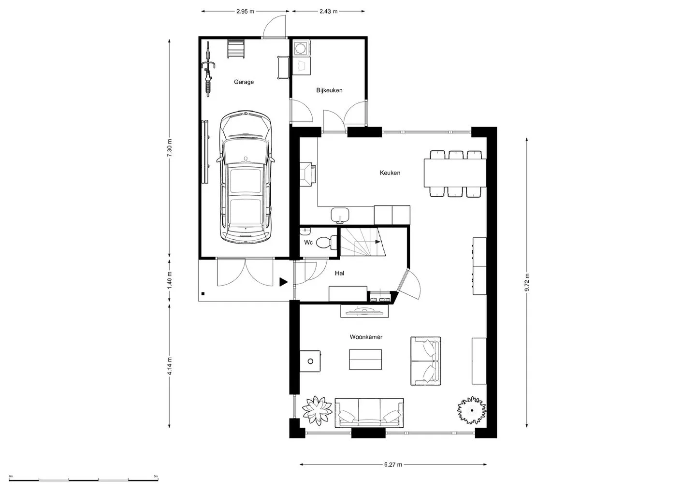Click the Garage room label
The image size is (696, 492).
click(244, 82)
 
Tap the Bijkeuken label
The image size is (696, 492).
click(329, 90)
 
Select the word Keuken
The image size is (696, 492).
click(390, 173)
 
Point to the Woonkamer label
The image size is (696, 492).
click(366, 337)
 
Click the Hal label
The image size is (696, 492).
click(339, 274)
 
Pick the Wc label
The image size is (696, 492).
click(308, 242)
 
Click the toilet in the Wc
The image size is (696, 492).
click(326, 242)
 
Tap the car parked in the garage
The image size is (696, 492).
click(246, 176)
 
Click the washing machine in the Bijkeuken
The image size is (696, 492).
click(300, 48)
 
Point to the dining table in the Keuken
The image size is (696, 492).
click(455, 173)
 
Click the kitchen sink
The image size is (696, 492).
click(340, 215)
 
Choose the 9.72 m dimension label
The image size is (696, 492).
click(527, 282)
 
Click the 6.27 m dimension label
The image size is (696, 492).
click(393, 464)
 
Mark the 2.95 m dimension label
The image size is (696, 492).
click(245, 12)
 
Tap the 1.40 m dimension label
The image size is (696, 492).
click(169, 280)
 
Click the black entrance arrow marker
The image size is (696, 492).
click(283, 282)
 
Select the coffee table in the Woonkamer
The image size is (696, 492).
click(365, 360)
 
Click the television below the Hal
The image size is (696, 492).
click(364, 312)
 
